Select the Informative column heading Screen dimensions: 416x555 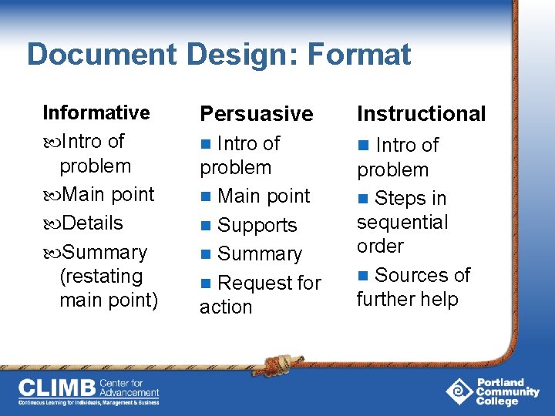coord(96,112)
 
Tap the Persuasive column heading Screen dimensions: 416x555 coord(257,114)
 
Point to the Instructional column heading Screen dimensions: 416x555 coord(421,114)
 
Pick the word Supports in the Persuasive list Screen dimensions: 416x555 coord(257,225)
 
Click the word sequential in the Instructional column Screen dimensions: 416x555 coord(402,222)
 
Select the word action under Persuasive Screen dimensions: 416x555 coord(226,307)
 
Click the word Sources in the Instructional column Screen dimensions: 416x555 coord(407,275)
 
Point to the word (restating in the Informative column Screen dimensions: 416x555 coord(101,276)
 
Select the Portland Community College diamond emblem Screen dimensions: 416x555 coord(459,391)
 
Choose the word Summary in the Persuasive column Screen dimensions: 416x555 coord(260,253)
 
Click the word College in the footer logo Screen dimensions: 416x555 coord(497,401)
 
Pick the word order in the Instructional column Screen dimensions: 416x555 coord(380,246)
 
